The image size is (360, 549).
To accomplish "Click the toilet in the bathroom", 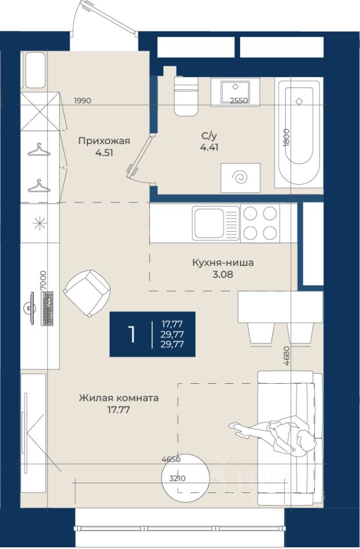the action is (x=186, y=96).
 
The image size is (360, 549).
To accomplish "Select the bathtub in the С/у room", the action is (x=299, y=132).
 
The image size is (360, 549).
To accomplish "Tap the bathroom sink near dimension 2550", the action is (x=235, y=91).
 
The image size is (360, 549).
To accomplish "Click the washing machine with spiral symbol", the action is (x=241, y=177).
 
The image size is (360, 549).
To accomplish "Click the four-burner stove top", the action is (x=261, y=223).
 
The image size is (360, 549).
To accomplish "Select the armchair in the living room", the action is (x=87, y=293).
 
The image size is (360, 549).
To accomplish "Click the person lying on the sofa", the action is (x=273, y=434).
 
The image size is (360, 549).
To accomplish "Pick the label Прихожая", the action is (x=104, y=141).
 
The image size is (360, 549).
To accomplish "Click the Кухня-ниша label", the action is (x=223, y=262).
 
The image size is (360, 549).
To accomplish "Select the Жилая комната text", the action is (x=119, y=398).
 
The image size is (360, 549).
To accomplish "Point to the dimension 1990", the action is (x=82, y=101).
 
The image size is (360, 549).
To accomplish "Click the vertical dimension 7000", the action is (x=43, y=280).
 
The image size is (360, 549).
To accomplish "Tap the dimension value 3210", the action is (x=177, y=478).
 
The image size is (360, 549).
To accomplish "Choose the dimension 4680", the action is (x=286, y=356).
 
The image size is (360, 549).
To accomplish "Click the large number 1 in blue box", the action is (x=131, y=335).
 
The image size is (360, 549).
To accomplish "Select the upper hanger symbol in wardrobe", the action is (x=39, y=150).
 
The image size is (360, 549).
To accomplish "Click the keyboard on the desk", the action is (x=47, y=308).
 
